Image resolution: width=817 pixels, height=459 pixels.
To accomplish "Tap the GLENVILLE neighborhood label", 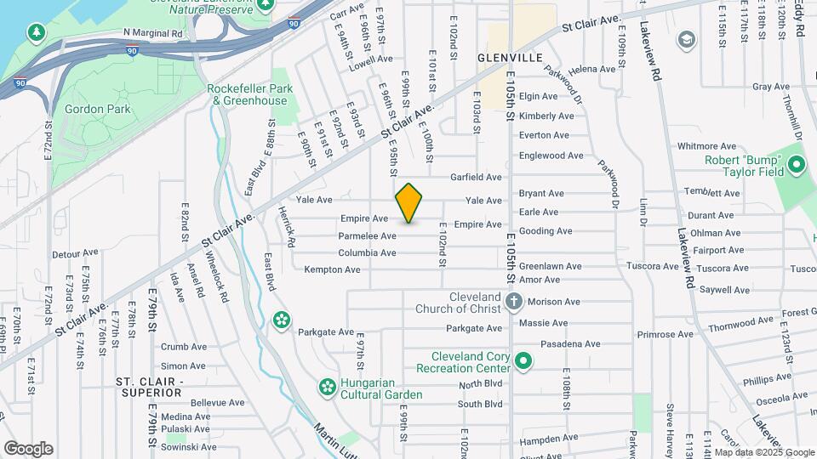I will [510, 58].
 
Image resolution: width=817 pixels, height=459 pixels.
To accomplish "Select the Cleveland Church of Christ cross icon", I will [513, 301].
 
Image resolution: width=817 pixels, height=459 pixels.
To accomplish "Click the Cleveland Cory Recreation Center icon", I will [524, 362].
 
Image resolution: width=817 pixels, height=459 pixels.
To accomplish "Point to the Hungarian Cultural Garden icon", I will [326, 388].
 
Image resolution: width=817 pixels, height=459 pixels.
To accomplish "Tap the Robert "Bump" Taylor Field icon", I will [797, 163].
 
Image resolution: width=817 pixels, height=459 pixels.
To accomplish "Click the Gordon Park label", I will [97, 109].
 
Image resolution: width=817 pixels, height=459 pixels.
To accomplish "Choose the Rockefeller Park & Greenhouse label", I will [249, 93].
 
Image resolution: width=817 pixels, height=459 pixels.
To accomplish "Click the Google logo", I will [27, 448].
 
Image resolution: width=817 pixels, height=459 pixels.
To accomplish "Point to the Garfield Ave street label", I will [477, 178].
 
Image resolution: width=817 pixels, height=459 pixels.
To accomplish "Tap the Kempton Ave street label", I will [332, 269].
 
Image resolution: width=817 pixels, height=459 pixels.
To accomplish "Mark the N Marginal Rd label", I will [153, 33].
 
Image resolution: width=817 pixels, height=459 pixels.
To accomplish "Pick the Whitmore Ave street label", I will [706, 146].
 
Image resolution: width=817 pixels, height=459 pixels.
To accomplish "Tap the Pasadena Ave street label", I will [570, 344].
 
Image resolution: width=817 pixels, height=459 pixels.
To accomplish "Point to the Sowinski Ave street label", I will [189, 447].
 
